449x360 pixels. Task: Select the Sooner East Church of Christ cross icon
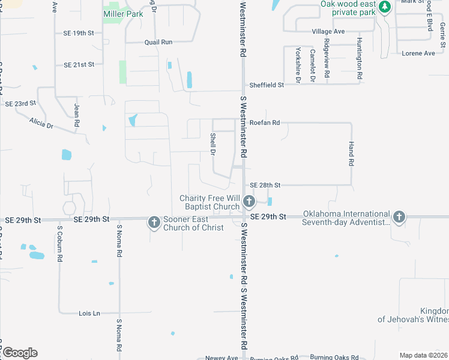tap(154, 223)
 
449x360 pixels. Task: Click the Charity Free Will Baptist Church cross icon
tap(250, 202)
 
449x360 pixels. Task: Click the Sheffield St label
tap(267, 85)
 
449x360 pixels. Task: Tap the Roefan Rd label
tap(265, 123)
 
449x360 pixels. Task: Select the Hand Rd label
tap(352, 154)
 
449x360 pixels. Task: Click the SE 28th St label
tap(265, 185)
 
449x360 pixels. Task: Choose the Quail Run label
tap(158, 42)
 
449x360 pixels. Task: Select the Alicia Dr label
tap(41, 124)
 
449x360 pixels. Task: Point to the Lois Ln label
tap(89, 313)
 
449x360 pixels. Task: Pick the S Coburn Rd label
tap(60, 245)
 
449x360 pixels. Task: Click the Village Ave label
tap(328, 31)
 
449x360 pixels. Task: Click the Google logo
tap(20, 353)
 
